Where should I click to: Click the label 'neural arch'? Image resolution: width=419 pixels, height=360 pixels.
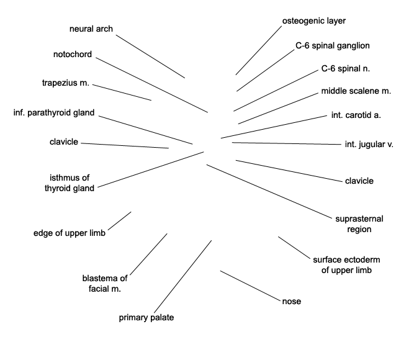click(91, 29)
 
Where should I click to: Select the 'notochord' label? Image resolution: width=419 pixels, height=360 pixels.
click(73, 54)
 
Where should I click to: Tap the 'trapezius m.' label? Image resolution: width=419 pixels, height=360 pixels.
click(65, 83)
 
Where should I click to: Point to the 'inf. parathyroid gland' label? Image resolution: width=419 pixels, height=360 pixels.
click(54, 113)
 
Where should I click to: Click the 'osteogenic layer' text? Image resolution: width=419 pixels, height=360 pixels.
click(314, 21)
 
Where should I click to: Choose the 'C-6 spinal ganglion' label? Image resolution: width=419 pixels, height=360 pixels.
click(333, 46)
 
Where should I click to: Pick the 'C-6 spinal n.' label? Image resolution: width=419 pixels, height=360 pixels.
click(346, 69)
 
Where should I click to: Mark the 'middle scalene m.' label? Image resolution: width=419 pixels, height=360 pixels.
click(356, 91)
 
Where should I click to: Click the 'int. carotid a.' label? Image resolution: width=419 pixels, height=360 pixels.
click(356, 115)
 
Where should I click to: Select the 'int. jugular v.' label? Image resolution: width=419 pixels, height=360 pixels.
click(369, 145)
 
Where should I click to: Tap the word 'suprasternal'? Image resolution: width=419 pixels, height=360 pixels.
click(359, 219)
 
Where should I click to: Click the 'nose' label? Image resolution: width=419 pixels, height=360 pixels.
click(292, 302)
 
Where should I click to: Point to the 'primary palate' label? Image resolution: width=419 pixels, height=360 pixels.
click(146, 318)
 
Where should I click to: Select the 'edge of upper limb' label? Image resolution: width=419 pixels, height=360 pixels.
click(70, 233)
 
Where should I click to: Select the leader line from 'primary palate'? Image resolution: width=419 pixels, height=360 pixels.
click(182, 276)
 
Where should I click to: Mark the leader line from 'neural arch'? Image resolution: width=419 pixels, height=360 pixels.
click(150, 56)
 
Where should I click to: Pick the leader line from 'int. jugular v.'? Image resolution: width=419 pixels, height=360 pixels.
click(287, 143)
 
